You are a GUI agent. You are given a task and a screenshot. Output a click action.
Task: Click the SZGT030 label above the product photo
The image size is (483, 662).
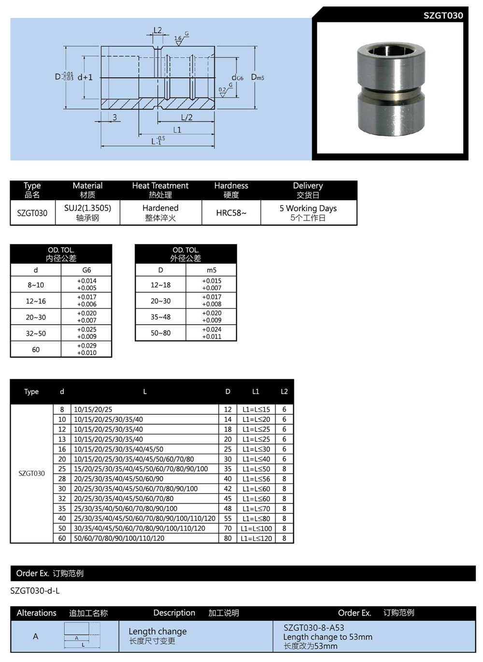click(443, 15)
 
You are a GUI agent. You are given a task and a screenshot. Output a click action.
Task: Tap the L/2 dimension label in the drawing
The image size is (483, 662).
click(186, 117)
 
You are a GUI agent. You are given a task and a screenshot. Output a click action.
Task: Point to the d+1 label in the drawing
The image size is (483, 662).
click(85, 77)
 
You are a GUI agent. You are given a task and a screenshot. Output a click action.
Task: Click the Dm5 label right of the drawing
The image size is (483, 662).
click(257, 77)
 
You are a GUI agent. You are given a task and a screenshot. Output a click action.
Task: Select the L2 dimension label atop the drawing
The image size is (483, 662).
click(157, 30)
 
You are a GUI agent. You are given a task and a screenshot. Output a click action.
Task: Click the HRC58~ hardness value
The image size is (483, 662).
click(231, 213)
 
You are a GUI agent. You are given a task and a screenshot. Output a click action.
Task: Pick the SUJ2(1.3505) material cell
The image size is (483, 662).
click(87, 208)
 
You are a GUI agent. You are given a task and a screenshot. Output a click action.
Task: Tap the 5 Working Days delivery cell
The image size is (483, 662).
click(308, 208)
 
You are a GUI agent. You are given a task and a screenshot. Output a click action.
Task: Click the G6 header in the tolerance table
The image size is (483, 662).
click(86, 270)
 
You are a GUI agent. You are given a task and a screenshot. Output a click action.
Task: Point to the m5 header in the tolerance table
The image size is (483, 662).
click(212, 270)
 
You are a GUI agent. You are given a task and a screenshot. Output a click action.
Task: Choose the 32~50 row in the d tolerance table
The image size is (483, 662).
click(36, 333)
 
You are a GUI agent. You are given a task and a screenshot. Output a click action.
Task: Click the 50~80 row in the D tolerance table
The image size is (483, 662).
click(160, 333)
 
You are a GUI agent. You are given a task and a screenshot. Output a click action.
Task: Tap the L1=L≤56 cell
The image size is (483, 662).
click(256, 479)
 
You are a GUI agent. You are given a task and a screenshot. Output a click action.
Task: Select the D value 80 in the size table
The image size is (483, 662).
click(227, 538)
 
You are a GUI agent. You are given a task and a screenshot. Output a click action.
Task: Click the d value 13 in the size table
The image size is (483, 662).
click(62, 439)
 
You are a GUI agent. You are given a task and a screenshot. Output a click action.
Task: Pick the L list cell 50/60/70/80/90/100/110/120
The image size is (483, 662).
click(119, 538)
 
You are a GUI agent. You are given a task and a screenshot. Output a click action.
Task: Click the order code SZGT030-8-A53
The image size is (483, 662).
click(314, 628)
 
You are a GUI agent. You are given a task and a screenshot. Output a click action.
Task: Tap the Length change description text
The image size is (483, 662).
click(157, 632)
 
